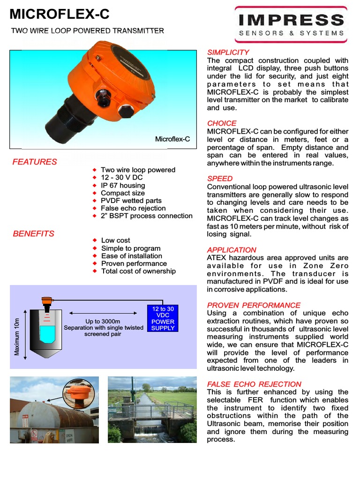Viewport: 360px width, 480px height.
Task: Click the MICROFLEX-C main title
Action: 60,15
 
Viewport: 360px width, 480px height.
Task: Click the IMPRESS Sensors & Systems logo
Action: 291,24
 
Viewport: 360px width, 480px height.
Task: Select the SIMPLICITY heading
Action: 228,52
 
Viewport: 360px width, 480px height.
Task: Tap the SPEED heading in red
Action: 220,179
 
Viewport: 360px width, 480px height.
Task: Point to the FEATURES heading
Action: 35,162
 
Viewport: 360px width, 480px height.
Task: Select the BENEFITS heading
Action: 33,233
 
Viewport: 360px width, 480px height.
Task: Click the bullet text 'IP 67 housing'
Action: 123,186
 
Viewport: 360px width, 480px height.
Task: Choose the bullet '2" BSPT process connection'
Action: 147,216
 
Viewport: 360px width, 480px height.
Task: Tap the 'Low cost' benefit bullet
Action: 116,240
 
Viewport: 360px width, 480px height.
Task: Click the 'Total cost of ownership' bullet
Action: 138,271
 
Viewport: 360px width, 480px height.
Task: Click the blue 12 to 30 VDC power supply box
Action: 163,319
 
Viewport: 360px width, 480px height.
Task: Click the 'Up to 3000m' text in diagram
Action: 103,321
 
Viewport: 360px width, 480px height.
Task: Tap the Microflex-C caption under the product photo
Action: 172,139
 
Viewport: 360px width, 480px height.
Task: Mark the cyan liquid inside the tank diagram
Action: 47,334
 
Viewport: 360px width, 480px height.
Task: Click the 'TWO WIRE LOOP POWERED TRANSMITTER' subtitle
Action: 88,31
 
